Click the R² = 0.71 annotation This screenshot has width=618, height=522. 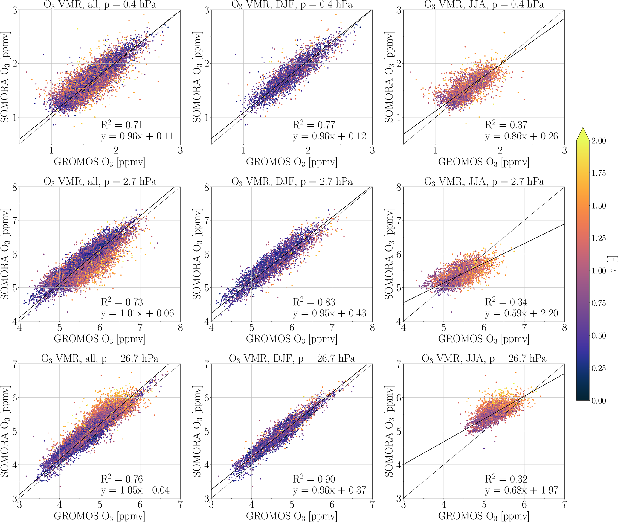click(x=122, y=125)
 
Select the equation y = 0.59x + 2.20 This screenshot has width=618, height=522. click(x=521, y=313)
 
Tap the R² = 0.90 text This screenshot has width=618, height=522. click(x=314, y=479)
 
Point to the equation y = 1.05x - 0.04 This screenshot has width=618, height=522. click(x=135, y=490)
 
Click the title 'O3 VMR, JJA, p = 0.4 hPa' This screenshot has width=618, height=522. click(x=484, y=4)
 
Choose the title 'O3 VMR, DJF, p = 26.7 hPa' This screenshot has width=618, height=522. click(x=292, y=359)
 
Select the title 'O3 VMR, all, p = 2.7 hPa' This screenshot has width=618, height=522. click(x=100, y=182)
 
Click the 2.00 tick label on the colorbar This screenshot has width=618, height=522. click(x=599, y=141)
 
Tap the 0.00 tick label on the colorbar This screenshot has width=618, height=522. click(x=599, y=401)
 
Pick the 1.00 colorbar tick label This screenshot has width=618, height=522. click(x=599, y=271)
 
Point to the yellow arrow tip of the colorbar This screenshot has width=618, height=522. click(x=583, y=132)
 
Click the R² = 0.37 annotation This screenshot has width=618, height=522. click(x=506, y=125)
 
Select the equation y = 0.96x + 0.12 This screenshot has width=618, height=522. click(x=329, y=136)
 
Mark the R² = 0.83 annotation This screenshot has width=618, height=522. click(x=314, y=302)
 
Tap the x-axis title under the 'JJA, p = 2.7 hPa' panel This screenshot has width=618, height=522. click(x=483, y=339)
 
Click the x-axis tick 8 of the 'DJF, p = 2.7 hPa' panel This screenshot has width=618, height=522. click(x=372, y=328)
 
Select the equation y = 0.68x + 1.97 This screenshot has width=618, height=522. click(x=521, y=490)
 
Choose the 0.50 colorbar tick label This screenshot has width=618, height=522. click(x=599, y=336)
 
